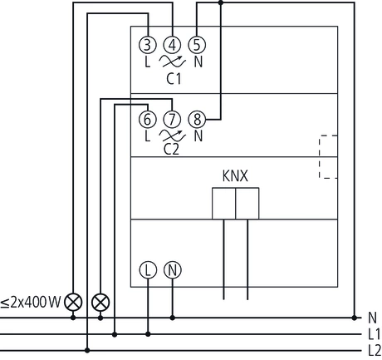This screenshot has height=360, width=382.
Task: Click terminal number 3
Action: (147, 45)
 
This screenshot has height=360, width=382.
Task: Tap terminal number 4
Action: (172, 45)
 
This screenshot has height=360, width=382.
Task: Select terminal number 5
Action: (197, 45)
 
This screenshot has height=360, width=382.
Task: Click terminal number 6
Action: (147, 119)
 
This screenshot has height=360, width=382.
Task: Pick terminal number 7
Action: (172, 119)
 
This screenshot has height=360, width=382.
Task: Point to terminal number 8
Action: (197, 119)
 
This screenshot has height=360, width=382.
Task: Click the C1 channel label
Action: (173, 80)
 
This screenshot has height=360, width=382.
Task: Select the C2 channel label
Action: (172, 150)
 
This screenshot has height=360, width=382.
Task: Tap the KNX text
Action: (236, 176)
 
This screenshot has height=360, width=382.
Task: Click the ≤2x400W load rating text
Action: (31, 300)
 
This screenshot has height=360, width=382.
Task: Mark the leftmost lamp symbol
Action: (74, 300)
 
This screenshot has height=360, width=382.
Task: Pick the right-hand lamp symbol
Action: (100, 300)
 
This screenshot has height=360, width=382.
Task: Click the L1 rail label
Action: (373, 334)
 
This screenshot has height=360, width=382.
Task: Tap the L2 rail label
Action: (373, 349)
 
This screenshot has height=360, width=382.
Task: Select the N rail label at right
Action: (371, 318)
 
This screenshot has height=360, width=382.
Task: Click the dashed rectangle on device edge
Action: (328, 155)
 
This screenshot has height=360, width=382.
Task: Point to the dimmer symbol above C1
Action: (172, 62)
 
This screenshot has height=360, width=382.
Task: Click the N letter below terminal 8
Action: (197, 135)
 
